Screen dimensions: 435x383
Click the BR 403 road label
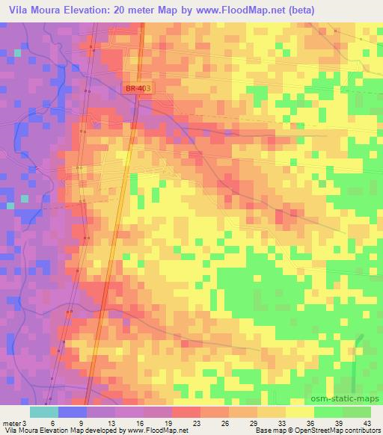[x=136, y=89]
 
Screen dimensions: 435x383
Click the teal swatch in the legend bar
[x=44, y=411]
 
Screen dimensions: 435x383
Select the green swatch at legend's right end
[x=357, y=411]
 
